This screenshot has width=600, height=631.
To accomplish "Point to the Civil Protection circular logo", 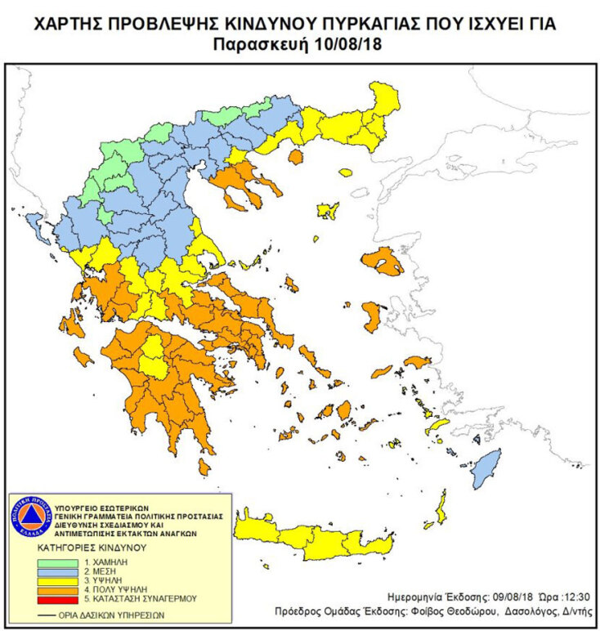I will click(x=30, y=517).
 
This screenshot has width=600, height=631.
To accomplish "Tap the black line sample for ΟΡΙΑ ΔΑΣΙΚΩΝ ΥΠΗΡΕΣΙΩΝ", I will click(x=50, y=614).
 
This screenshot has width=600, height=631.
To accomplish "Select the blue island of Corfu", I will click(x=35, y=222).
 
